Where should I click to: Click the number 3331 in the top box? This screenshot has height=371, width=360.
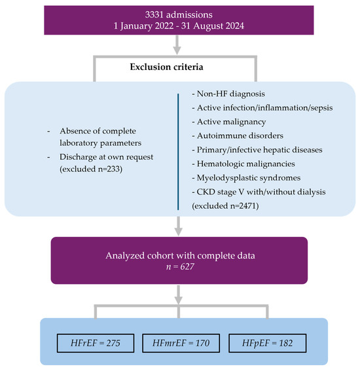point(154,14)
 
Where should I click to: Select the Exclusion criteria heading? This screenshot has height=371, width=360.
point(166,67)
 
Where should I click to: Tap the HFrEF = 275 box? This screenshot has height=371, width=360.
point(96,343)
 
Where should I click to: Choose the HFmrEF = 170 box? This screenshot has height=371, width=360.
point(181,343)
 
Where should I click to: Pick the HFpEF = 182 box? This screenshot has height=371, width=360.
point(268,343)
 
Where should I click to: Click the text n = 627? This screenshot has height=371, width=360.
point(180,267)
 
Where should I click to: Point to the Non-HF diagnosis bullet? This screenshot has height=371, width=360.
point(228,94)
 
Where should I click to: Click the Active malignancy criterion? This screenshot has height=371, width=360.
point(229,122)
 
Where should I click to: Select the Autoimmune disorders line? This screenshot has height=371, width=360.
point(238,136)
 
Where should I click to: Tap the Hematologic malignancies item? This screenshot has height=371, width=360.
point(243,164)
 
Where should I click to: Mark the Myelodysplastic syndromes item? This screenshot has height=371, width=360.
point(246,178)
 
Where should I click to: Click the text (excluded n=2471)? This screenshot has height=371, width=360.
point(225,206)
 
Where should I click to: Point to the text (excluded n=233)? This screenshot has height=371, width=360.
point(91,169)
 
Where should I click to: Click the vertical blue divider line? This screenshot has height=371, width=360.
point(178,152)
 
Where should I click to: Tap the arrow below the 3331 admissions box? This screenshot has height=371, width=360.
point(177,44)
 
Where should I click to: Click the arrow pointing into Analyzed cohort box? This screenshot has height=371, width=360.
point(178,226)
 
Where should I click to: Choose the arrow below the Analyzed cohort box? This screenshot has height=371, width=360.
point(178,294)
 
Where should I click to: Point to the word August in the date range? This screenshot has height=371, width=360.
point(207,26)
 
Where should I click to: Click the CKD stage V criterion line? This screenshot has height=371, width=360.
point(259,192)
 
